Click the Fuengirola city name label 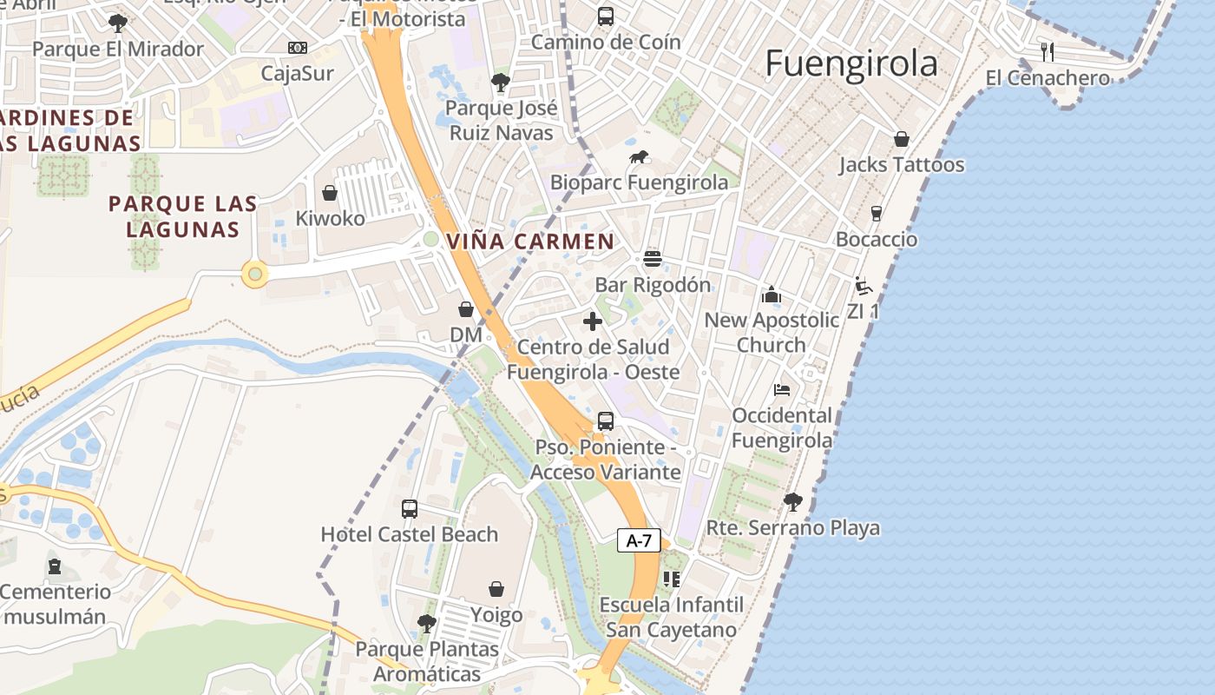(851, 64)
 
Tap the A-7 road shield (639, 540)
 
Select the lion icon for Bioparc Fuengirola (640, 158)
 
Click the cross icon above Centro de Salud (593, 321)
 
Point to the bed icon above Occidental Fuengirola (782, 390)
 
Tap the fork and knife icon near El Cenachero (1048, 52)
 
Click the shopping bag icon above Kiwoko (330, 193)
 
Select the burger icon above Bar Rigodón (653, 259)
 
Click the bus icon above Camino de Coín (606, 16)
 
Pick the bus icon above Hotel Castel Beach (410, 508)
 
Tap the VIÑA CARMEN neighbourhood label (530, 242)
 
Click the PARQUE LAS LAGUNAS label (182, 216)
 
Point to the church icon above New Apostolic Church (772, 295)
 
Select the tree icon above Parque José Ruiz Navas (500, 83)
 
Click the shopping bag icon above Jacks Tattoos (902, 139)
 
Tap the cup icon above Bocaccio (877, 214)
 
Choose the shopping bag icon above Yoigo (496, 590)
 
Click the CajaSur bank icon (298, 48)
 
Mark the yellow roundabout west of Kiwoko (254, 275)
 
